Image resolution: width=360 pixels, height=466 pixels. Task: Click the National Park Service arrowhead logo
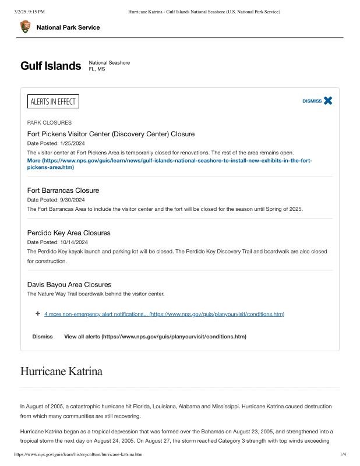pyautogui.click(x=26, y=27)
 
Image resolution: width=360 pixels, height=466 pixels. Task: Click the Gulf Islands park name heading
pyautogui.click(x=51, y=66)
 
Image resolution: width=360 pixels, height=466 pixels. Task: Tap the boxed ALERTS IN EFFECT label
pyautogui.click(x=53, y=102)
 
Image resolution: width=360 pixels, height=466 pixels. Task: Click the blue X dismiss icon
pyautogui.click(x=328, y=101)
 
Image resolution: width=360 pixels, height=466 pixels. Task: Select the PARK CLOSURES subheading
pyautogui.click(x=50, y=123)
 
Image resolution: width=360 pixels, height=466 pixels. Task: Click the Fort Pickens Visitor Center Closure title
pyautogui.click(x=111, y=134)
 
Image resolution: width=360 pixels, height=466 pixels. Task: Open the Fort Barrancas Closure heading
pyautogui.click(x=63, y=190)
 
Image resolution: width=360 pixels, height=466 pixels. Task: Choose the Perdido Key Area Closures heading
pyautogui.click(x=69, y=233)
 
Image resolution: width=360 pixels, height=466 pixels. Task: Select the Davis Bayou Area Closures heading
pyautogui.click(x=69, y=285)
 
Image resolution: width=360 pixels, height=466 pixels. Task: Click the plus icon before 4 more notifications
pyautogui.click(x=38, y=313)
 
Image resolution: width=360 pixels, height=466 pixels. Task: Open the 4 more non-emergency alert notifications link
pyautogui.click(x=164, y=314)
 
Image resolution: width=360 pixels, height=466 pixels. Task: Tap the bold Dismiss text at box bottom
pyautogui.click(x=43, y=337)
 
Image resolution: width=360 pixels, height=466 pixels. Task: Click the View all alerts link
pyautogui.click(x=155, y=337)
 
